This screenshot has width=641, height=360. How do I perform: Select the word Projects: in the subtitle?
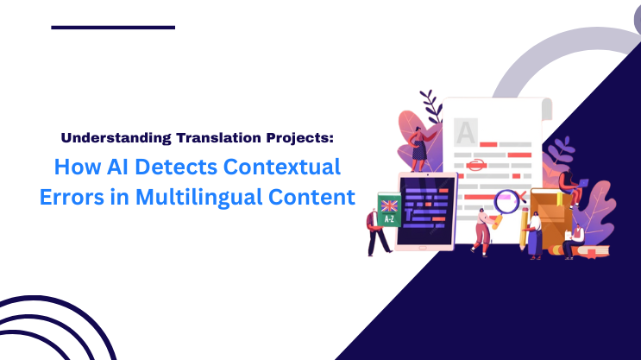click(292, 136)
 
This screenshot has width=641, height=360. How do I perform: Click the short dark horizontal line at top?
click(113, 28)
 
